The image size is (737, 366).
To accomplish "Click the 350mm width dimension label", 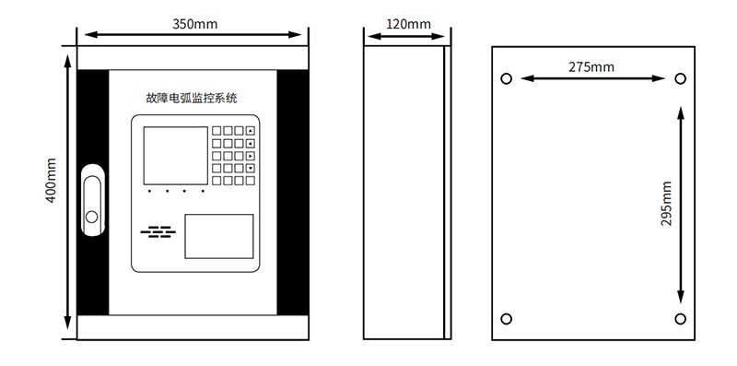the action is [x=194, y=24].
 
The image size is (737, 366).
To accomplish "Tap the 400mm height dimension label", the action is [x=51, y=180].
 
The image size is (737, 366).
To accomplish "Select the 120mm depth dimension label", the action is [x=408, y=24].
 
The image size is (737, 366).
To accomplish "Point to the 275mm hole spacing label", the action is [x=591, y=66].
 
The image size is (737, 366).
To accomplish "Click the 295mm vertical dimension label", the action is [x=666, y=203].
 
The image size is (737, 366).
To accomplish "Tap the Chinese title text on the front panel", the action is [x=192, y=99].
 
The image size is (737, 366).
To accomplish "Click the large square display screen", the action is [x=175, y=155].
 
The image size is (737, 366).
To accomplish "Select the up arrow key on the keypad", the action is [x=251, y=131].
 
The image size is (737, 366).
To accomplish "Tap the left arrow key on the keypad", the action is [x=251, y=143].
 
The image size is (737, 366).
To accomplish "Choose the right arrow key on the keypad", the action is [x=251, y=155].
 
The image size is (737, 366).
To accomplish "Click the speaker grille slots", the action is [x=158, y=231].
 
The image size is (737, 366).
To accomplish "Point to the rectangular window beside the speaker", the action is [x=219, y=236].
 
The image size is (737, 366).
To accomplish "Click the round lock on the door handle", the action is [x=91, y=217].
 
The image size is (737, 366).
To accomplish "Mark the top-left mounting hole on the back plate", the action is [x=506, y=78].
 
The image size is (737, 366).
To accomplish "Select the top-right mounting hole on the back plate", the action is [x=680, y=78].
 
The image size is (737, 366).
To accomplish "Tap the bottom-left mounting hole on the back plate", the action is [x=506, y=319].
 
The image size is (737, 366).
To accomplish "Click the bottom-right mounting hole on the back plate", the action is [x=680, y=319].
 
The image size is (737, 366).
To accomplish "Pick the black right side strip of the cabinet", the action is [x=292, y=193].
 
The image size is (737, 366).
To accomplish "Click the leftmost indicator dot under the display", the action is [x=149, y=191].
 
